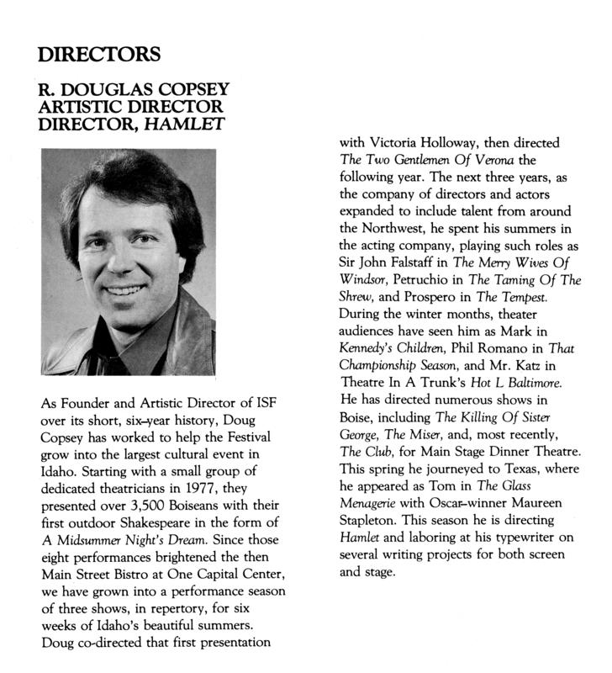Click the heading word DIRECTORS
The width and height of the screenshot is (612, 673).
(98, 56)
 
